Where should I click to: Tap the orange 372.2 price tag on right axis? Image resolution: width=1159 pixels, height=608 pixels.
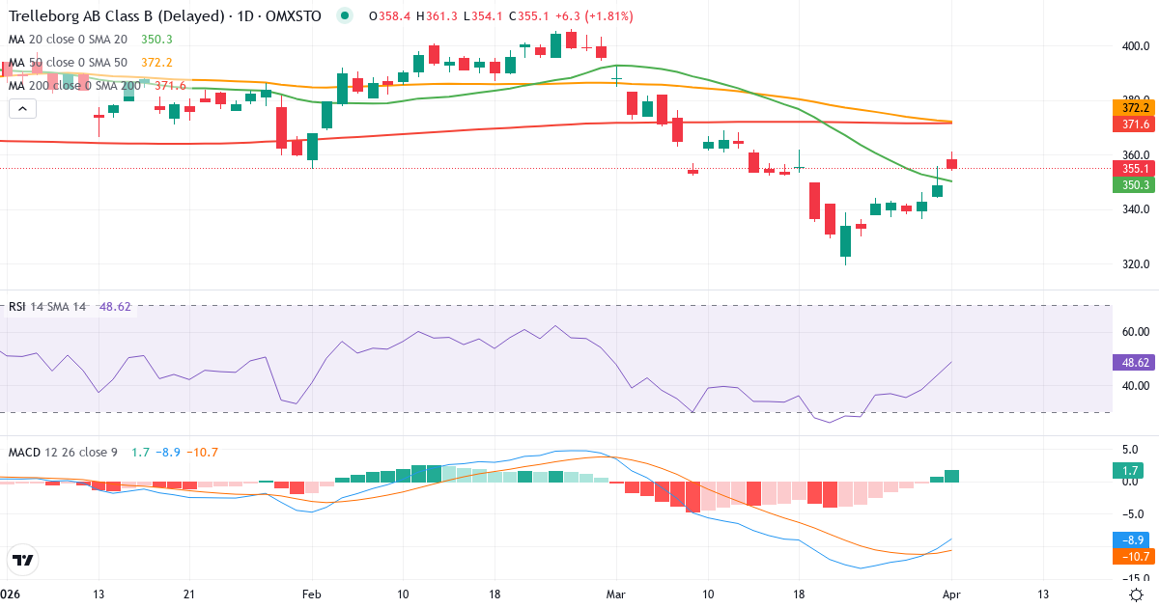pyautogui.click(x=1129, y=107)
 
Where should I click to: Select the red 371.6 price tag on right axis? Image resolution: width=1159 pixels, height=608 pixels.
pyautogui.click(x=1129, y=124)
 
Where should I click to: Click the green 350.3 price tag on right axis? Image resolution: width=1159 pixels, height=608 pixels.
pyautogui.click(x=1129, y=185)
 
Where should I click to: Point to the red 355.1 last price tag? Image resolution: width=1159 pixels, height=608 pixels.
pyautogui.click(x=1129, y=168)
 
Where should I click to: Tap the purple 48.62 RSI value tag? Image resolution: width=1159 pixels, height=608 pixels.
pyautogui.click(x=1129, y=363)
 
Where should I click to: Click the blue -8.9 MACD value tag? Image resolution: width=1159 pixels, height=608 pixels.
pyautogui.click(x=1129, y=540)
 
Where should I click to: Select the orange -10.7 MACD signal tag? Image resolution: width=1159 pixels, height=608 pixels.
pyautogui.click(x=1129, y=557)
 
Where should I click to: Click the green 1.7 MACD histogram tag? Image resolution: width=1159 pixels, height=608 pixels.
pyautogui.click(x=1129, y=471)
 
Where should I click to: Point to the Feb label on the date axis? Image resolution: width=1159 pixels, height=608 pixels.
pyautogui.click(x=311, y=594)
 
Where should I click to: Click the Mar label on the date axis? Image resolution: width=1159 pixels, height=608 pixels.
pyautogui.click(x=616, y=594)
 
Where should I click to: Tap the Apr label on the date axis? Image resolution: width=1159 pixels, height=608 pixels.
pyautogui.click(x=951, y=594)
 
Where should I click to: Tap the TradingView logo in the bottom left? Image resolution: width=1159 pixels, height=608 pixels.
pyautogui.click(x=23, y=560)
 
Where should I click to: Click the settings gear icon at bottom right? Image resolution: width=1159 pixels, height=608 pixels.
pyautogui.click(x=1137, y=594)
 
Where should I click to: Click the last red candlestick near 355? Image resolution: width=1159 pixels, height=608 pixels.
pyautogui.click(x=951, y=164)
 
